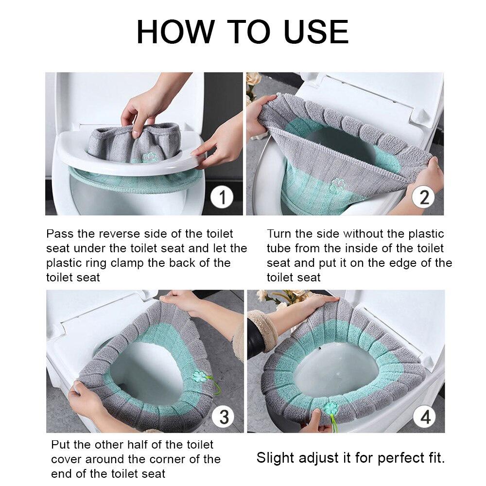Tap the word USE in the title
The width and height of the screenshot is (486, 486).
coord(316,33)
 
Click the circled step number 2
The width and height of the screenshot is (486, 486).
coord(424,198)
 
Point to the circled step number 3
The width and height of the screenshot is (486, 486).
coord(224,417)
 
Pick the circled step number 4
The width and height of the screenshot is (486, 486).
coord(424,416)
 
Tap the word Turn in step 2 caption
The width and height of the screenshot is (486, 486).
coord(280,234)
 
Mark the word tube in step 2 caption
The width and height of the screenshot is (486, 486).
coord(280,248)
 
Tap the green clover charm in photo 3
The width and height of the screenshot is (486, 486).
coord(200,376)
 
